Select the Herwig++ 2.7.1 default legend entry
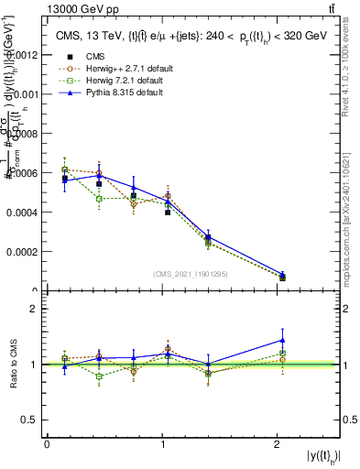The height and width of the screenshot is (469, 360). [115, 68]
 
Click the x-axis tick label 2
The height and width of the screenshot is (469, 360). [277, 444]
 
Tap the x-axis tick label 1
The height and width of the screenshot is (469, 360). [162, 444]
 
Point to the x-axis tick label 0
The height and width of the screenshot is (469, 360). [47, 444]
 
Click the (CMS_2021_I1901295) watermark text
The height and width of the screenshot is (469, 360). [191, 273]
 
